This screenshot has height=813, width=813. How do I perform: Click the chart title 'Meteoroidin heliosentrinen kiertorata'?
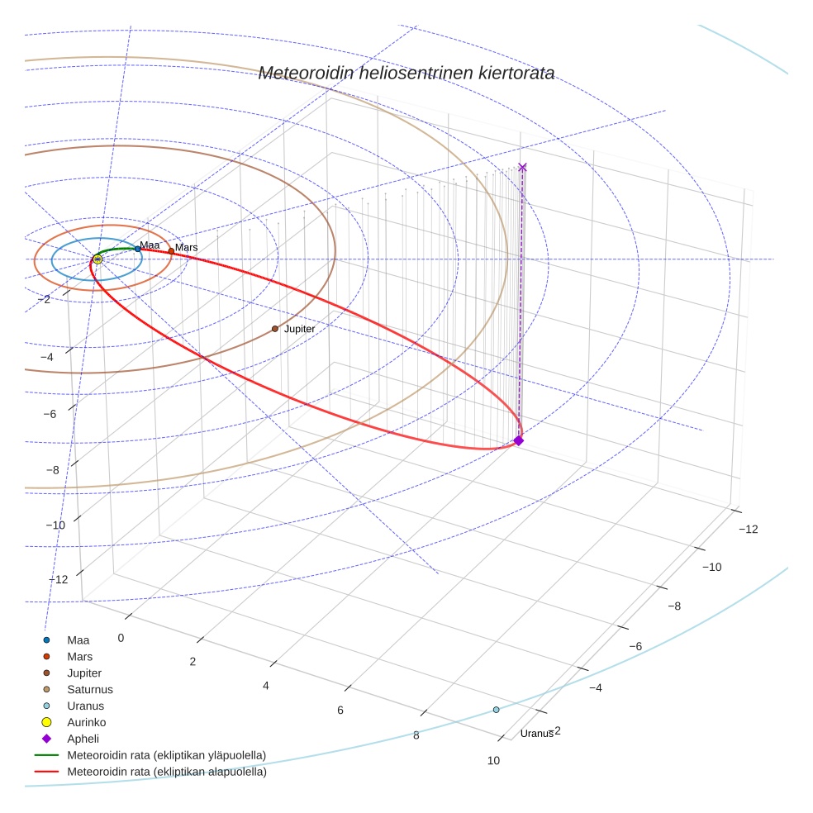tap(406, 73)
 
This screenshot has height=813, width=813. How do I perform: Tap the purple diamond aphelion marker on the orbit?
tap(519, 440)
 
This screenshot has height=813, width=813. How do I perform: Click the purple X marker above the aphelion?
tap(522, 167)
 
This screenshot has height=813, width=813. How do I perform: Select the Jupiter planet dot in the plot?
tap(275, 329)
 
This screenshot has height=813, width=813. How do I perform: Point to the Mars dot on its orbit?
tap(171, 250)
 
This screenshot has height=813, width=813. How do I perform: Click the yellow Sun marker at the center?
tap(97, 259)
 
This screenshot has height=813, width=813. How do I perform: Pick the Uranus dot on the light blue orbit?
tap(496, 710)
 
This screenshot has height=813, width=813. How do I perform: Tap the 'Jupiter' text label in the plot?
tap(299, 329)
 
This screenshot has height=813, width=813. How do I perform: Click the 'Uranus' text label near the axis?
tap(536, 734)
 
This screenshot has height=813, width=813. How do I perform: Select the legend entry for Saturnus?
tap(90, 689)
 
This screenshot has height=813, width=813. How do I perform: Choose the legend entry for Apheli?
tap(83, 739)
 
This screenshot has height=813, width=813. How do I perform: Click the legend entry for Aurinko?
tap(86, 722)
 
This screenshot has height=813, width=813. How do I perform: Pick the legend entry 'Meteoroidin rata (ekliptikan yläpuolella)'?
tap(166, 755)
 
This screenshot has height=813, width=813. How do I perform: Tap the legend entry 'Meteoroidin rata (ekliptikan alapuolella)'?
tap(166, 772)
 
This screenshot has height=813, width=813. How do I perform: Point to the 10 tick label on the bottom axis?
tap(493, 761)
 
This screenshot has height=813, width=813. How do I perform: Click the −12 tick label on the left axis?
tap(58, 579)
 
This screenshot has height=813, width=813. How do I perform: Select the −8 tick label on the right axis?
tap(674, 606)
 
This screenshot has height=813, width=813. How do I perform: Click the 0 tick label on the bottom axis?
tap(121, 638)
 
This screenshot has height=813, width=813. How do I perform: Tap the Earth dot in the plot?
tap(137, 249)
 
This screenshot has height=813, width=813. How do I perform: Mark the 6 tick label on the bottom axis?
tap(340, 710)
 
